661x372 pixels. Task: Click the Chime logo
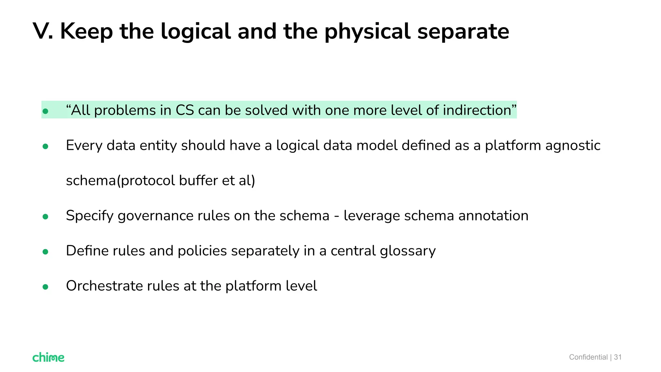48,357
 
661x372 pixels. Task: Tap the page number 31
618,357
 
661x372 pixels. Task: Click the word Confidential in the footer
588,357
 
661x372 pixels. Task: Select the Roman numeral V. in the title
43,31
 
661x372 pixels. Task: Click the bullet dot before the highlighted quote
46,111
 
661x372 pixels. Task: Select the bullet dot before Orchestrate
46,287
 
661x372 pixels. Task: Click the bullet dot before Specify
46,217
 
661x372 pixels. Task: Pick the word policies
202,251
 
